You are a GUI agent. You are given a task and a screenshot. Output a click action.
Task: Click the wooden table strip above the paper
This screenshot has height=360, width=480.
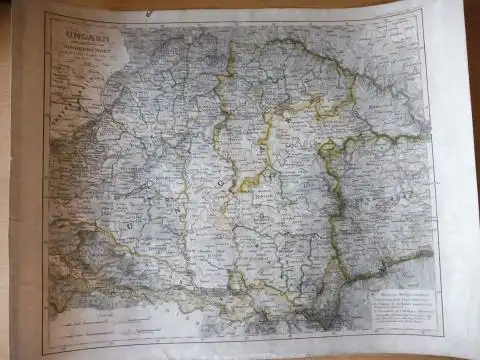coord(240,4)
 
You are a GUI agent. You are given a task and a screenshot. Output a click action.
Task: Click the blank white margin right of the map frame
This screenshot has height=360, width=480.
coord(455,180)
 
